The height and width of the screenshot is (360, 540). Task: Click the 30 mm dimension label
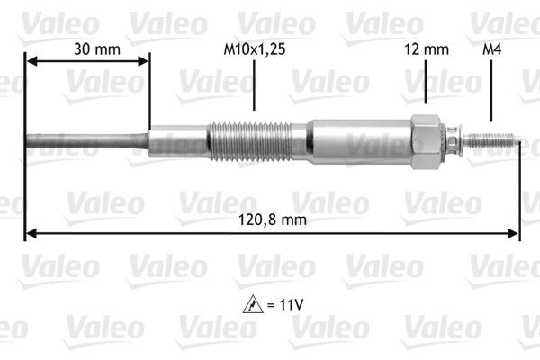[x=85, y=50]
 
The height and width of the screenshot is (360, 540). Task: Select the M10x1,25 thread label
[x=255, y=50]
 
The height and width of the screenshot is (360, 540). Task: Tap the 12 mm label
[x=427, y=50]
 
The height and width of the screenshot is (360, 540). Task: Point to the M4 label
[x=490, y=50]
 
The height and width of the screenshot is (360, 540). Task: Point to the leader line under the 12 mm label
[x=427, y=88]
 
